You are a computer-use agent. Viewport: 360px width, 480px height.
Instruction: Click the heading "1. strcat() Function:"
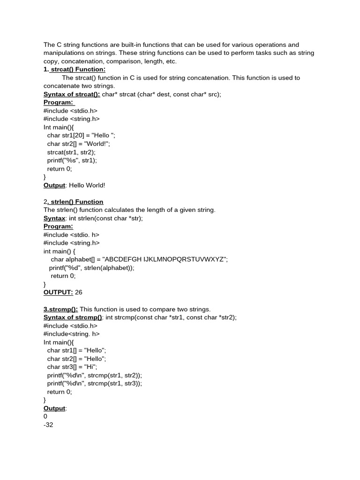point(75,69)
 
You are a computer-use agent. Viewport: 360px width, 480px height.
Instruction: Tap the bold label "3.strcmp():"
point(61,309)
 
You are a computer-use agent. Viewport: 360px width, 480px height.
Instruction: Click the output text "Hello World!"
point(87,185)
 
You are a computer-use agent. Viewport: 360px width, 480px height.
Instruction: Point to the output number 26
point(79,292)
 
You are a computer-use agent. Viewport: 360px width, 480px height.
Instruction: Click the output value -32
point(48,425)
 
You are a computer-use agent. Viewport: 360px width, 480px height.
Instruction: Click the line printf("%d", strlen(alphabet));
point(92,268)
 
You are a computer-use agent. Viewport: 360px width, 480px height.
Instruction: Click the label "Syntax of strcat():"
point(72,94)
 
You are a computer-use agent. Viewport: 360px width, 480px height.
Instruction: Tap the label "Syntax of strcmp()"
point(73,317)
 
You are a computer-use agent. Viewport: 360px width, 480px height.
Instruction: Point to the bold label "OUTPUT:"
point(58,292)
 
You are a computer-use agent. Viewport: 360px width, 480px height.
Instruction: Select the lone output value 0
point(45,416)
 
